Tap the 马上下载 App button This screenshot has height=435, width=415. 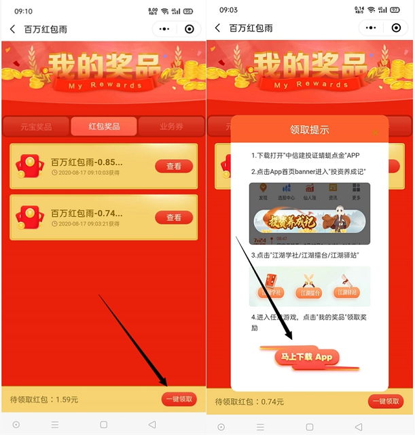click(x=306, y=357)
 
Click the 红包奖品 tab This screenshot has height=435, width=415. click(x=104, y=126)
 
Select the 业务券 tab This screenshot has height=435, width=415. click(x=171, y=126)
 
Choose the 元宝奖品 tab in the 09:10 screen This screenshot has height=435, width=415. click(x=36, y=126)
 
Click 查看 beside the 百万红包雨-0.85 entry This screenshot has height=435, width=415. click(x=174, y=167)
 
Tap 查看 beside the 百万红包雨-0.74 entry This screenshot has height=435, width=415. click(x=174, y=217)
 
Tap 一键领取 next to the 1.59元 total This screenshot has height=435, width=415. click(x=179, y=400)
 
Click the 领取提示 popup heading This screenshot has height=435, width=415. click(x=310, y=130)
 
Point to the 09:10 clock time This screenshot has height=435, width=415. click(x=24, y=11)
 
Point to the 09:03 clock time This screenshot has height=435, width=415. click(x=229, y=11)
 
